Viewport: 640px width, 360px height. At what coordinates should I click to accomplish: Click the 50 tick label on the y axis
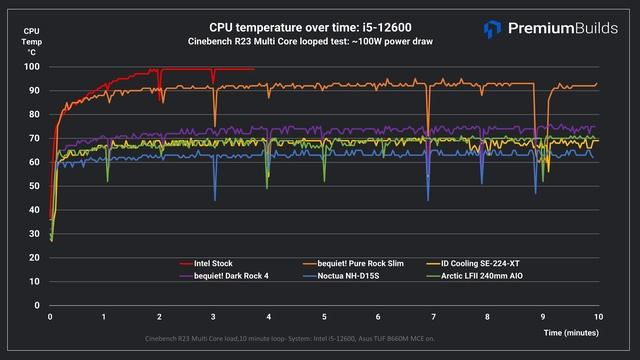click(34, 186)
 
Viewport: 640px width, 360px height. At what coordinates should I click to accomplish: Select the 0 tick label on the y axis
click(37, 305)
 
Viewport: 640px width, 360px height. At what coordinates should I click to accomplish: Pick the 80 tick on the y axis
click(34, 115)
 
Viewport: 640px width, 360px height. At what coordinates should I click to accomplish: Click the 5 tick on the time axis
click(324, 316)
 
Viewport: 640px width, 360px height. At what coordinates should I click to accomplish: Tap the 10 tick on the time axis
click(597, 316)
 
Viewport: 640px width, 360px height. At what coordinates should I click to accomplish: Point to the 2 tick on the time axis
click(160, 316)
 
